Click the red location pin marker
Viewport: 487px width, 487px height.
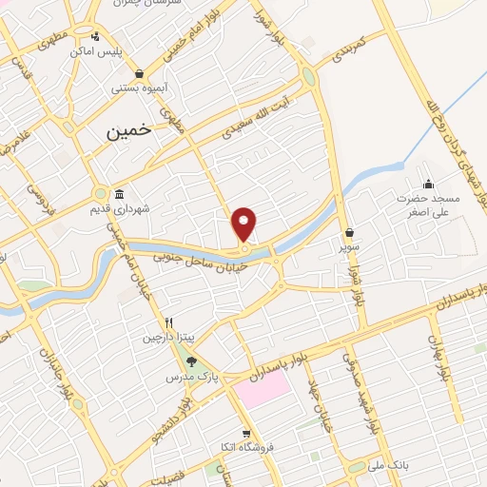click(x=244, y=224)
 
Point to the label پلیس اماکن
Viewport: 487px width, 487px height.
click(x=98, y=50)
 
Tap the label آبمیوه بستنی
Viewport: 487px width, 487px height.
click(x=139, y=88)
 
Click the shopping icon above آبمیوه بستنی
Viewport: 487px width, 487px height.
click(x=140, y=73)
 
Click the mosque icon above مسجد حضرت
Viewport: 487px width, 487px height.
click(x=428, y=185)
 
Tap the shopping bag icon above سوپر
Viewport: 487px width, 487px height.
click(x=350, y=231)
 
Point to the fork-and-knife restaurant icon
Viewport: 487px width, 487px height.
click(x=168, y=321)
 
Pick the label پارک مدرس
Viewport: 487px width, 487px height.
click(x=222, y=376)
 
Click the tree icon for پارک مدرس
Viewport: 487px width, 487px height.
click(x=192, y=361)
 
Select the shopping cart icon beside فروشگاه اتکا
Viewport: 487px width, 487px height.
click(x=246, y=434)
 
